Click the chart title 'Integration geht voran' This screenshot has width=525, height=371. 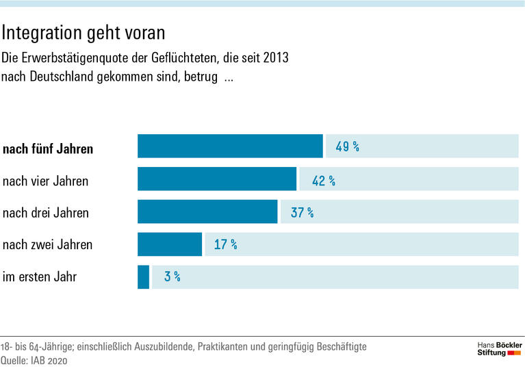(x=84, y=32)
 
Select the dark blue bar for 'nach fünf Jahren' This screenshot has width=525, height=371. (x=230, y=146)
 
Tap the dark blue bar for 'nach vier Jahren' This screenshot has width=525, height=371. (x=217, y=179)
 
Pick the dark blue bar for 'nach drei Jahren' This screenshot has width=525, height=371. (x=207, y=212)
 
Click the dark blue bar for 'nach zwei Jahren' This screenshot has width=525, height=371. (x=170, y=244)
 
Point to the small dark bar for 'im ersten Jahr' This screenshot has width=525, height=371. (x=143, y=277)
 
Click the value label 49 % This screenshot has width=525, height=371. (x=347, y=146)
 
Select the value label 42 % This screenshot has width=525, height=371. (x=323, y=180)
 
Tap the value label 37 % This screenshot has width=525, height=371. (x=302, y=212)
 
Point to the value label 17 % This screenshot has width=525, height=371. (x=225, y=244)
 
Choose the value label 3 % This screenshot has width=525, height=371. (x=172, y=277)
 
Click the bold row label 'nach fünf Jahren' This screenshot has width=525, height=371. (x=48, y=149)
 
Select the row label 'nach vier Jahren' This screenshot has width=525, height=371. (x=46, y=181)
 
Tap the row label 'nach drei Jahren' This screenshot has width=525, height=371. (x=46, y=213)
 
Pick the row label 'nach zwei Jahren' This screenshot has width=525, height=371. (x=47, y=244)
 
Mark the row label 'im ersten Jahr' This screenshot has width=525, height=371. (x=40, y=277)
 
